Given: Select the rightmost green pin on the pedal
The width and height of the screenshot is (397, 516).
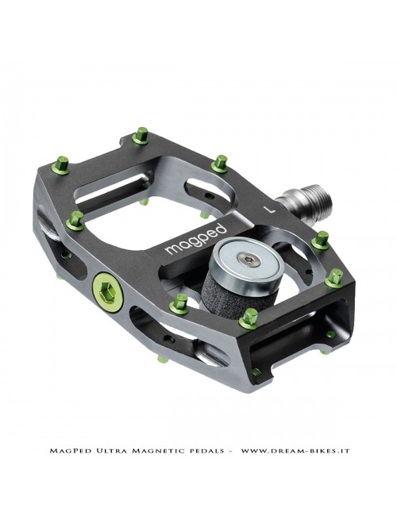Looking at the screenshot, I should pos(334,277).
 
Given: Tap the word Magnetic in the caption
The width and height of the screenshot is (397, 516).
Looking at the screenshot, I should pos(155,452).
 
